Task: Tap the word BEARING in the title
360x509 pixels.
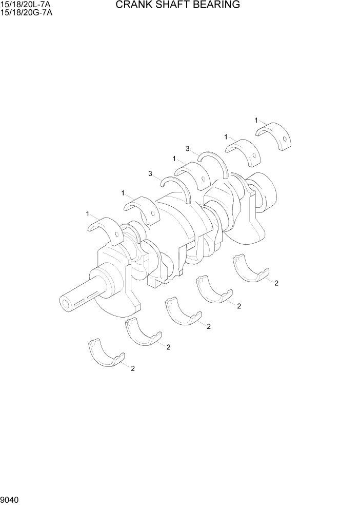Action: [215, 6]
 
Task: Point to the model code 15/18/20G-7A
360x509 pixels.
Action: [26, 12]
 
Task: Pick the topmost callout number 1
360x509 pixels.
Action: [256, 120]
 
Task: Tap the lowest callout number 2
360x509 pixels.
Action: [133, 368]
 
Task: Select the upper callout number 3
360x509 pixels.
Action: [188, 149]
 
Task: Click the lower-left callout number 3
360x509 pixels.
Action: [150, 174]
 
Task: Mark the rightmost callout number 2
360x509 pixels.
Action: [276, 283]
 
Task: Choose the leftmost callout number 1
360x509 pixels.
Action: [88, 213]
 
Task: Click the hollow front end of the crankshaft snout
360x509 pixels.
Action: [66, 304]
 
